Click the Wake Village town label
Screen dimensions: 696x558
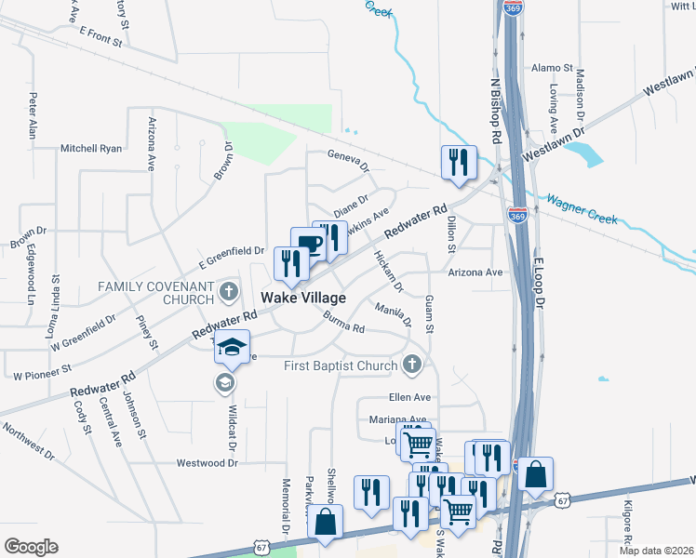[303, 299]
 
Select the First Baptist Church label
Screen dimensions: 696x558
[341, 365]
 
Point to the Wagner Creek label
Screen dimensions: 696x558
[582, 209]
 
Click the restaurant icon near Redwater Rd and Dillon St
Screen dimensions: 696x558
[459, 164]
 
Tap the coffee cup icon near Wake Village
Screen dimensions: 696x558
[308, 246]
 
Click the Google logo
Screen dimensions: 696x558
[30, 547]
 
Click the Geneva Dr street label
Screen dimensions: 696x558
[347, 162]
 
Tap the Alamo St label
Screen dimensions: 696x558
[552, 69]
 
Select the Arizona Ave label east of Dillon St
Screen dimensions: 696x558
[475, 272]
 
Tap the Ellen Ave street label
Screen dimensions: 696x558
[407, 398]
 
